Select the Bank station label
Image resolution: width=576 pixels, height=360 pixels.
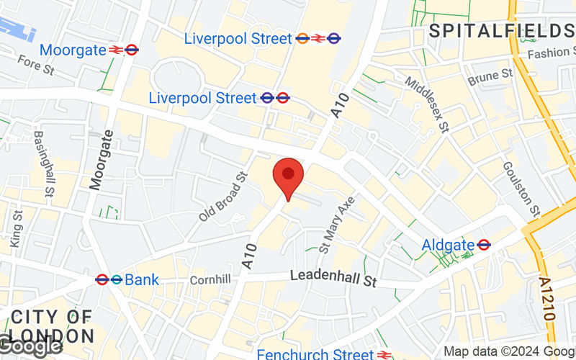[141, 279]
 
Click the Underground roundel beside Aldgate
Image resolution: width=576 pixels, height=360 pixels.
[484, 245]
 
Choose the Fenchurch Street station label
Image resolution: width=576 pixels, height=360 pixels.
[315, 354]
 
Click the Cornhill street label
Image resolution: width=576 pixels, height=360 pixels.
[210, 279]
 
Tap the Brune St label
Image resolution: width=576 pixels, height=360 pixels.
[490, 76]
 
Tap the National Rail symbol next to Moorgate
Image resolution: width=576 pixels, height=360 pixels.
[115, 50]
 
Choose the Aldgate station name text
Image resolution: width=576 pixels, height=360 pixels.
[448, 245]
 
